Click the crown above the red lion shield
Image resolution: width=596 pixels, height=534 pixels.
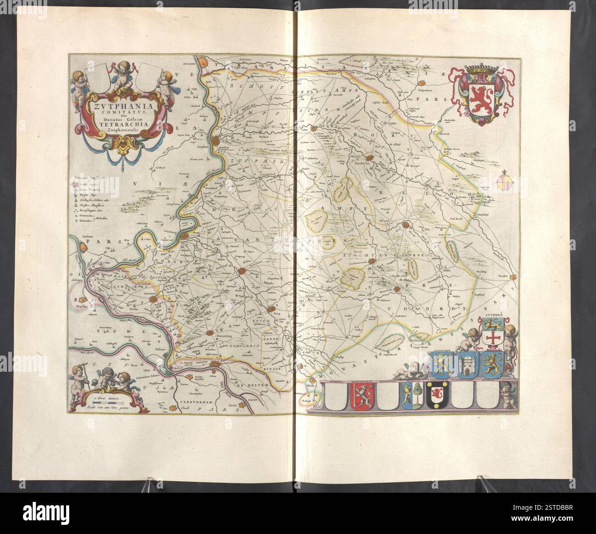click(480, 72)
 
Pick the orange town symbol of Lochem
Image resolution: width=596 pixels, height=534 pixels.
click(315, 129)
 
